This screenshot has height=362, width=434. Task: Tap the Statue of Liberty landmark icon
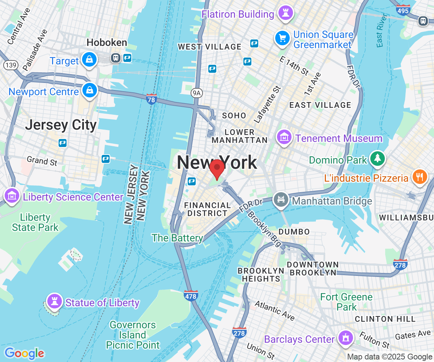[x=55, y=301]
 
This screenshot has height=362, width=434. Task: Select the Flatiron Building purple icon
[x=285, y=13]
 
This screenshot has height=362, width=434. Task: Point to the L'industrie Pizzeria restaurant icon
[x=420, y=177]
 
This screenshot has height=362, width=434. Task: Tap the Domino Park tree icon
[x=377, y=159]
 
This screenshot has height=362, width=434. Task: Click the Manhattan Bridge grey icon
[x=281, y=199]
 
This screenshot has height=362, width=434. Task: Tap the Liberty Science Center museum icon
[x=12, y=196]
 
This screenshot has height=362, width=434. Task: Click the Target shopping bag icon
[x=89, y=60]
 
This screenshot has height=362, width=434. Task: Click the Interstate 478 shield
[x=191, y=295]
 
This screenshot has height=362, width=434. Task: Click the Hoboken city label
[x=107, y=43]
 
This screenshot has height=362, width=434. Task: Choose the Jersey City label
[x=61, y=125]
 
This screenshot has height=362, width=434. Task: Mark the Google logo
[x=24, y=353]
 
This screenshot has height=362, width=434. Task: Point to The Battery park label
[x=177, y=238]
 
